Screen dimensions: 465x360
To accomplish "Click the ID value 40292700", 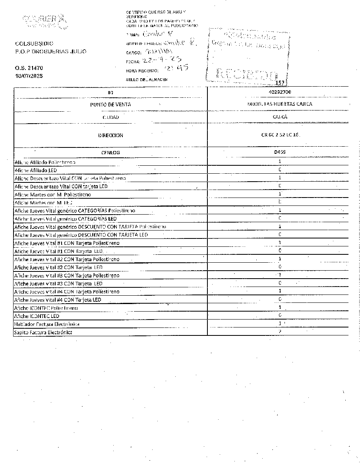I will (x=280, y=92).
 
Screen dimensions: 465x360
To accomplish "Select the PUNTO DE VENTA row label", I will (x=110, y=105).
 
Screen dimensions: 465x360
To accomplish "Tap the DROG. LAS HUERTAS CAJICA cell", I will (x=280, y=104).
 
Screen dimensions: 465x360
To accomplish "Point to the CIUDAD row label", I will (x=110, y=117).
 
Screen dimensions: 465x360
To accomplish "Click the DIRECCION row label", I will (x=110, y=136).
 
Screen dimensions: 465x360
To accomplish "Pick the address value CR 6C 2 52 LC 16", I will (x=280, y=135).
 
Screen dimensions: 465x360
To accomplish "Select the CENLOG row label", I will (x=110, y=153).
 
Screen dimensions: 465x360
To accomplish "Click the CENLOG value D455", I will (x=280, y=152).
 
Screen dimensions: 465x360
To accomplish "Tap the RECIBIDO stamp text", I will (x=247, y=74).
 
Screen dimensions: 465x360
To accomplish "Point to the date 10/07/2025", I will (x=29, y=76).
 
